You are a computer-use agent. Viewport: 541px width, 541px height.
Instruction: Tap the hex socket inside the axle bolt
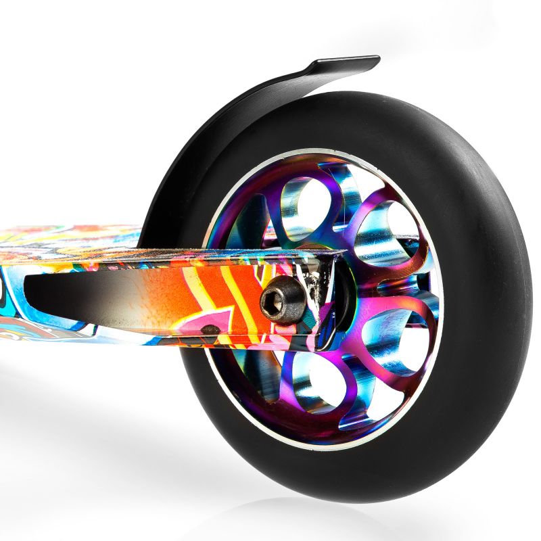pyautogui.click(x=279, y=300)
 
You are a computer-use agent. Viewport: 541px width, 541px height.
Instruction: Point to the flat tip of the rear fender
pyautogui.click(x=348, y=63)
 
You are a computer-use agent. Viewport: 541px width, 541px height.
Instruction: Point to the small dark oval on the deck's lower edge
pyautogui.click(x=210, y=329)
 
